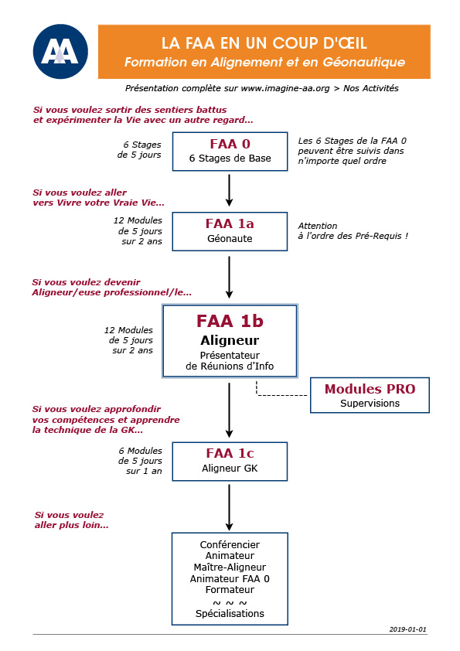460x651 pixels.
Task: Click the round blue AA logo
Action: [x=60, y=52]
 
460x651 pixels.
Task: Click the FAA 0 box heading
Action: [x=230, y=144]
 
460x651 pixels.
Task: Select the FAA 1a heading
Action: [x=230, y=223]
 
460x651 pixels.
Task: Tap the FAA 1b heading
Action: [x=230, y=321]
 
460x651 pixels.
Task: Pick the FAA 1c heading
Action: [x=230, y=453]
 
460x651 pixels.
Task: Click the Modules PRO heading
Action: [x=370, y=389]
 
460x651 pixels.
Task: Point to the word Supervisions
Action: [x=370, y=403]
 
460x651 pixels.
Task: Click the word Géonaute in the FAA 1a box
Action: [x=230, y=239]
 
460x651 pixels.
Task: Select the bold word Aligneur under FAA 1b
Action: [x=230, y=340]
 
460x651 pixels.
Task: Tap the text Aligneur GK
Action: [x=230, y=469]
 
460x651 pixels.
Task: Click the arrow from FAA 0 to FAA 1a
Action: [x=229, y=190]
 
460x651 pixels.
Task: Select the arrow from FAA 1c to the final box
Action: [x=229, y=507]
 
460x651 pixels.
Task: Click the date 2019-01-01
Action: [x=407, y=629]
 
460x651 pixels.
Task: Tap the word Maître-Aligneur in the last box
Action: [x=230, y=567]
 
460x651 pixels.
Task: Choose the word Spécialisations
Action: [x=230, y=614]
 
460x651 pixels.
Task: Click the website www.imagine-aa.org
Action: [x=285, y=88]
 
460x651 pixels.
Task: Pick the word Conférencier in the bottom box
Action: [x=230, y=545]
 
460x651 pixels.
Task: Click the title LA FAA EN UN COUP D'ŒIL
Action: [x=264, y=43]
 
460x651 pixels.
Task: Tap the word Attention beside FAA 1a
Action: [x=318, y=226]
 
